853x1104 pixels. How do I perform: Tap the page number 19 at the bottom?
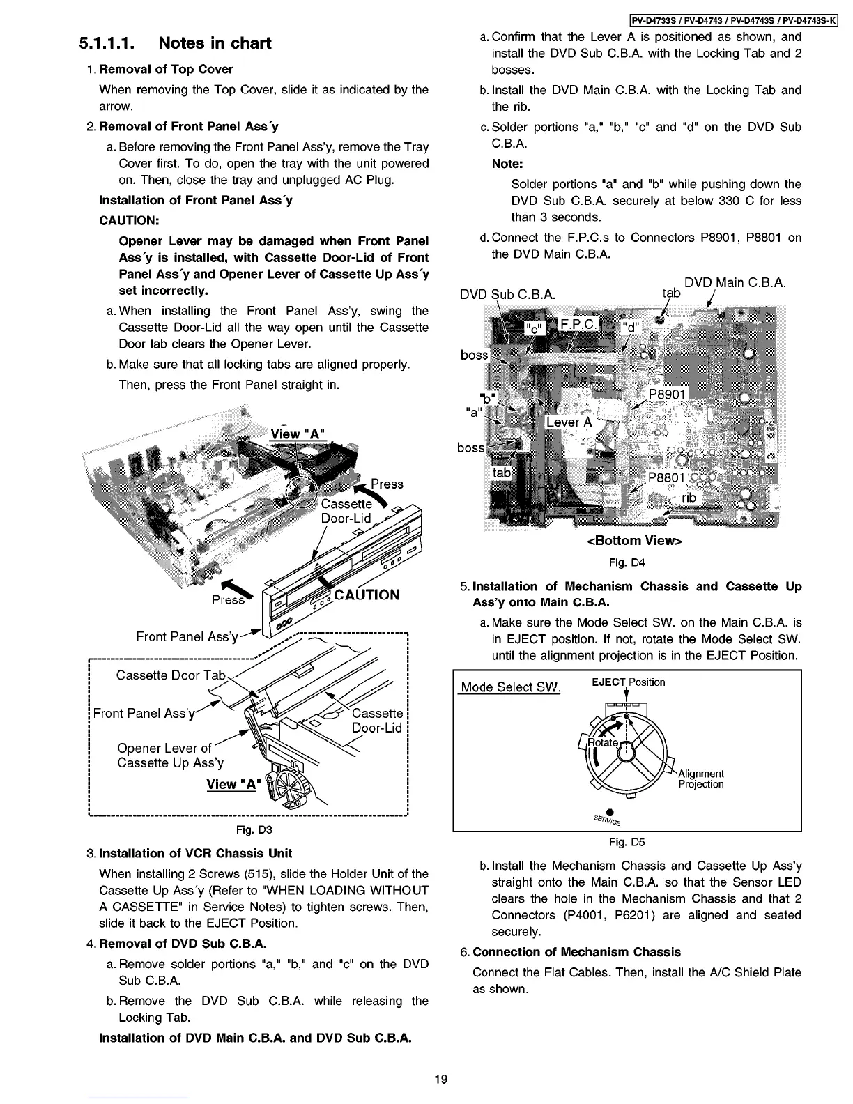click(x=440, y=1080)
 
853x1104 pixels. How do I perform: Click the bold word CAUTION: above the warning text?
click(x=130, y=220)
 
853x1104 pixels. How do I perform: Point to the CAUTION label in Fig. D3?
click(x=367, y=595)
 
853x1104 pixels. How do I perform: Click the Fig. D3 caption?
click(x=254, y=829)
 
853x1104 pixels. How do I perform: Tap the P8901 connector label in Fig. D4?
click(x=667, y=395)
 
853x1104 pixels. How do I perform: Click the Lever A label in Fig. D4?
click(x=569, y=422)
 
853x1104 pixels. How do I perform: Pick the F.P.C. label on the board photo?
click(x=579, y=325)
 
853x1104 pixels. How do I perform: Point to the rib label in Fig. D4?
click(x=689, y=497)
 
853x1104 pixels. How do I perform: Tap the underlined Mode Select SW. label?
click(x=511, y=687)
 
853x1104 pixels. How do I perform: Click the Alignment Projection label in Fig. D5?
click(x=700, y=779)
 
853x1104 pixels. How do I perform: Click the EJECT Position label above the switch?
click(x=628, y=682)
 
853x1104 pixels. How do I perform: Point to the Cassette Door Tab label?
click(x=171, y=675)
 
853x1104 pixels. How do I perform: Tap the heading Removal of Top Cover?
click(x=166, y=69)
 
